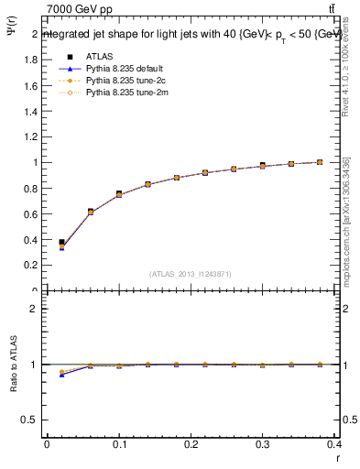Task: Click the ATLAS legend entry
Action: (x=98, y=57)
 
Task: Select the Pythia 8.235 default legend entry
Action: (x=120, y=69)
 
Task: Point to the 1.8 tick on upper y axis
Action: (x=32, y=60)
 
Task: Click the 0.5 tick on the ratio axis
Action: (x=32, y=420)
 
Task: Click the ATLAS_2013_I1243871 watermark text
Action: (x=191, y=273)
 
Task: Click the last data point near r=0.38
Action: (x=320, y=162)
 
